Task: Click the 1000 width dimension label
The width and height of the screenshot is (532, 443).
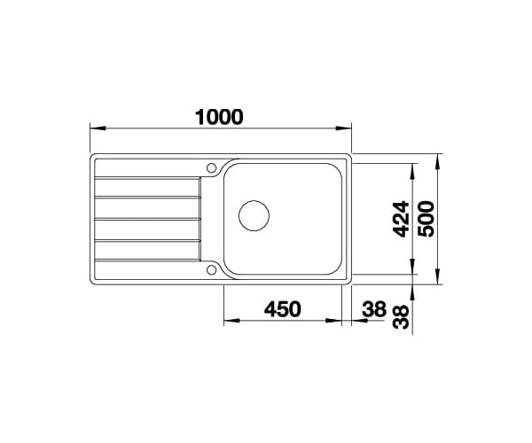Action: tap(219, 117)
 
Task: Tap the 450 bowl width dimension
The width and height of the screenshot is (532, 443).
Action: tap(283, 309)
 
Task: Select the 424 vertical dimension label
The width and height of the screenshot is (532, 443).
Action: tap(401, 219)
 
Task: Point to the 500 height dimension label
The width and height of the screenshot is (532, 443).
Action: tap(426, 219)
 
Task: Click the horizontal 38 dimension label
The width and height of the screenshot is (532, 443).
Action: tap(374, 309)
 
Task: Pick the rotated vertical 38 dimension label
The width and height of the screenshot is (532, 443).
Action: tap(401, 317)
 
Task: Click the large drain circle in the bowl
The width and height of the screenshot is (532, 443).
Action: tap(254, 216)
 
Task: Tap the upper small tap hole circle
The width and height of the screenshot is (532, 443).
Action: tap(211, 167)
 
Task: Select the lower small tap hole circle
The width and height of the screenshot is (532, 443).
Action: tap(211, 270)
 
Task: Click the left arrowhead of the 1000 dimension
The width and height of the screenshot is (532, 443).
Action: tap(98, 128)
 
